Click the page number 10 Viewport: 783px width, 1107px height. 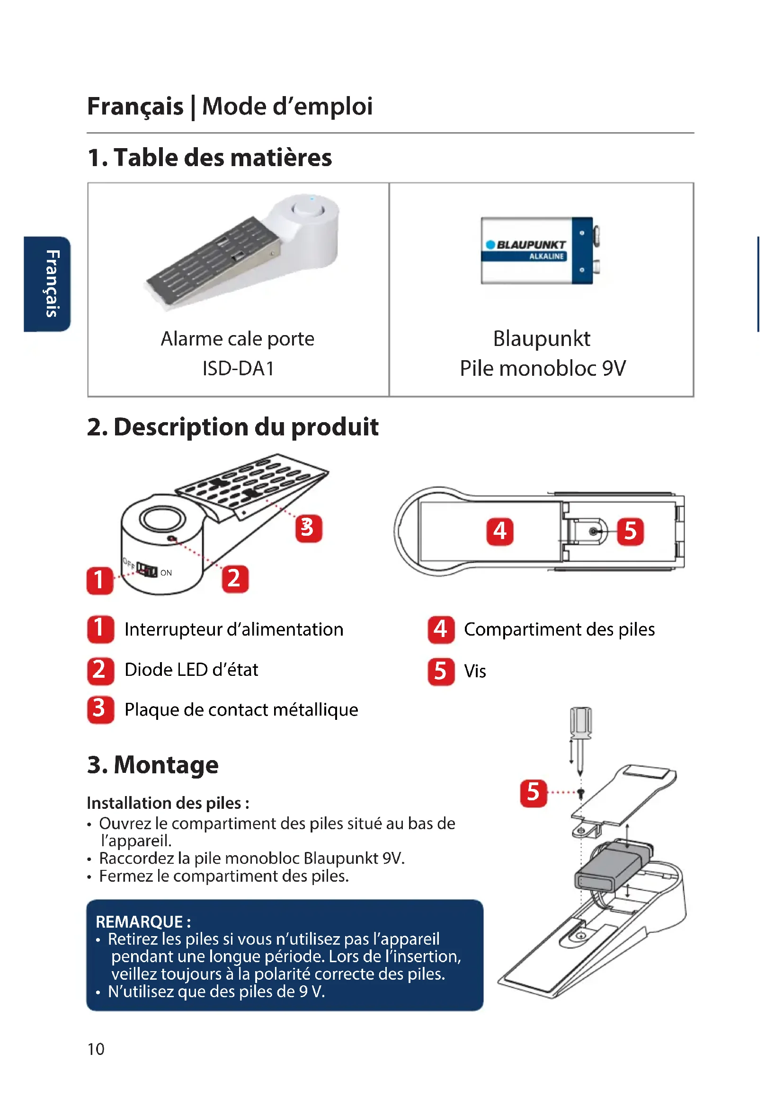96,1049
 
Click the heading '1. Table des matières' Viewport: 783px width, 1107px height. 210,158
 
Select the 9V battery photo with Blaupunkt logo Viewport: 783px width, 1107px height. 541,250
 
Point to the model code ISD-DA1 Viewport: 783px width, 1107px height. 238,369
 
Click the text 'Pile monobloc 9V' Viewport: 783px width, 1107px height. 543,369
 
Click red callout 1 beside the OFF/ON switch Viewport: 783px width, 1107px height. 100,580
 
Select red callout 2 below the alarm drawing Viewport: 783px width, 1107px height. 235,578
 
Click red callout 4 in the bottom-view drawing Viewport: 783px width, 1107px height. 499,531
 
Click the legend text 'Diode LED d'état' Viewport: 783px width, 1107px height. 191,670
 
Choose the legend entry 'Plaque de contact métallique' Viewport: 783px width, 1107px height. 241,710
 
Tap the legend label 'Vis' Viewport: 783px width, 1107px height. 475,672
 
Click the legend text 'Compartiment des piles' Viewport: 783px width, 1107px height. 559,629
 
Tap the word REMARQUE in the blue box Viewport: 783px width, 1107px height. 139,922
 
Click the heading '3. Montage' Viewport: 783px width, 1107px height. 153,765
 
